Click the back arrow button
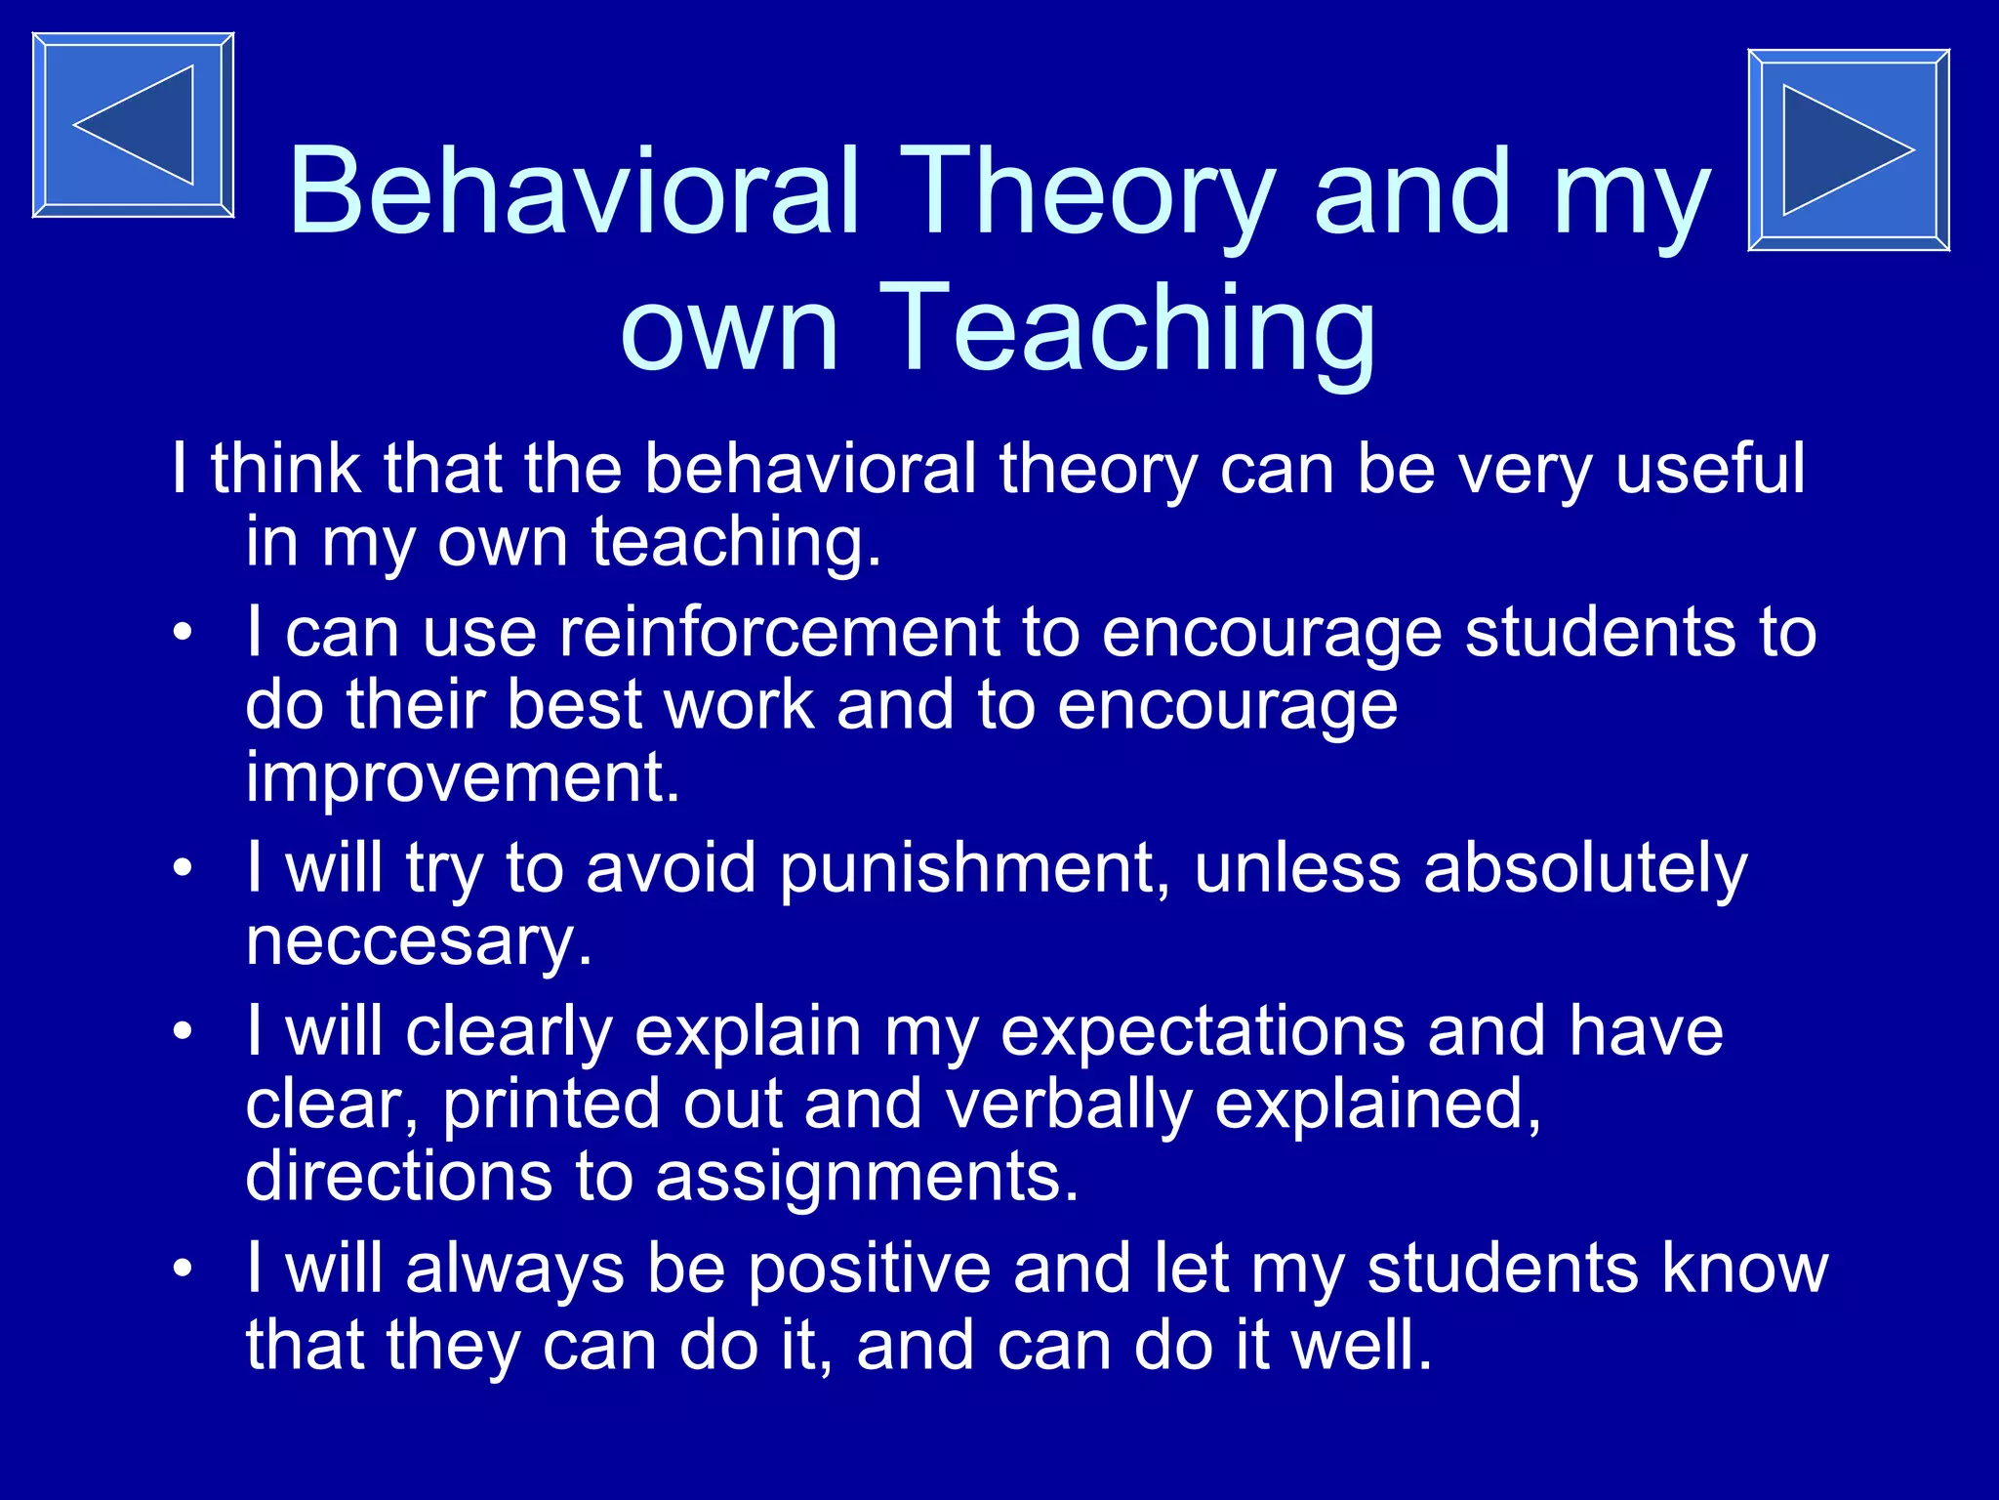click(x=133, y=125)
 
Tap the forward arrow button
click(x=1848, y=150)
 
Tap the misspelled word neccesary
click(x=419, y=941)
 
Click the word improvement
click(x=462, y=778)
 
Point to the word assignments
click(x=867, y=1177)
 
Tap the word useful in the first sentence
click(x=1709, y=469)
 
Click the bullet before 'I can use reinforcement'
click(x=183, y=634)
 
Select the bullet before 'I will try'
click(x=183, y=868)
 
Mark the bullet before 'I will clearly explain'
click(x=183, y=1031)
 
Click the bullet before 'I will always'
click(x=183, y=1269)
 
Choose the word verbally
click(x=1068, y=1104)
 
